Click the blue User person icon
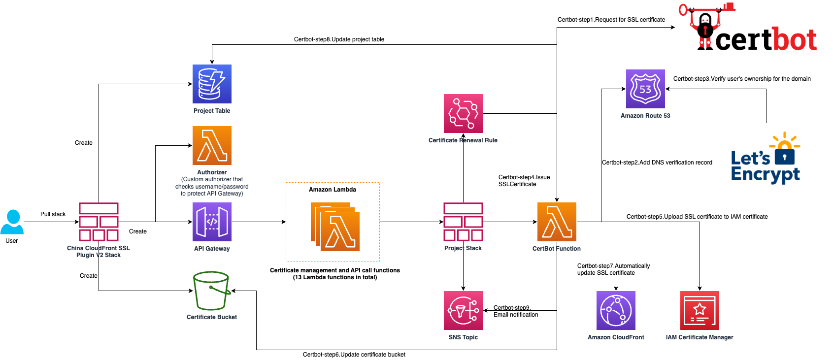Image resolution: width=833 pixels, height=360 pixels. (x=12, y=222)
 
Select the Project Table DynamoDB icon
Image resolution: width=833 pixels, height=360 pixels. (x=212, y=84)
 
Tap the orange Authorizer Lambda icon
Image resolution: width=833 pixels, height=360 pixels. (x=212, y=146)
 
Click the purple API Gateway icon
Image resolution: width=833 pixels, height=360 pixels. (x=212, y=222)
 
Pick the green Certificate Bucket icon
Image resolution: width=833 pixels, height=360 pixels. (x=212, y=291)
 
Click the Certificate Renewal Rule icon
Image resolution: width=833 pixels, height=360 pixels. (x=463, y=114)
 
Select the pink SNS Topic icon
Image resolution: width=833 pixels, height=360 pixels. (x=463, y=311)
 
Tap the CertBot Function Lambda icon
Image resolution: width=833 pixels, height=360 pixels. (x=557, y=222)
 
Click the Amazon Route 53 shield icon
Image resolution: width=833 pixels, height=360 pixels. (x=645, y=89)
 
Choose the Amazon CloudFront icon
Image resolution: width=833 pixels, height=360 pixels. (x=616, y=311)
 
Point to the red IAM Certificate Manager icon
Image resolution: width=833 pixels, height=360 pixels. (x=700, y=311)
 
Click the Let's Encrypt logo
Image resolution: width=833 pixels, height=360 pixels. (x=766, y=158)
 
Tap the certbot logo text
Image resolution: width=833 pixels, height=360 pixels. (x=766, y=40)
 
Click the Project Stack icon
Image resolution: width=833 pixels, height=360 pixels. (x=463, y=222)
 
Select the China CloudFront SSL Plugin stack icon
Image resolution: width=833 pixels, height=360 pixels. (x=99, y=222)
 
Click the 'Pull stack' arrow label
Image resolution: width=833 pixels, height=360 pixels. (x=53, y=214)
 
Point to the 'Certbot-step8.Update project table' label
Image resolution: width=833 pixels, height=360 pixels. (x=339, y=39)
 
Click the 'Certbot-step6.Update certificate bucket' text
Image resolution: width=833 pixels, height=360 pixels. (x=354, y=355)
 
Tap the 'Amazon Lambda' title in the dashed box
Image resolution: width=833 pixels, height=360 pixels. (x=333, y=190)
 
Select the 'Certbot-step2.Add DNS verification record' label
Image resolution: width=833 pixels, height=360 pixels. (x=657, y=163)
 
